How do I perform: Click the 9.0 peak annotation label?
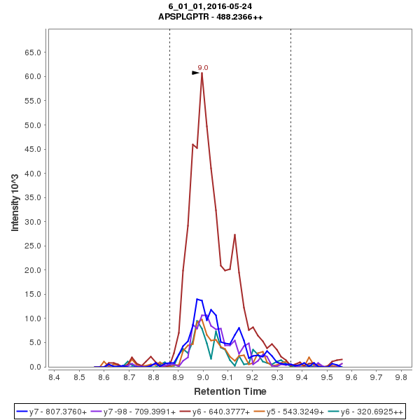click(x=203, y=67)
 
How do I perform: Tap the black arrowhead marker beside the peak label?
click(x=196, y=72)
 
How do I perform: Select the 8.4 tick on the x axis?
click(x=54, y=377)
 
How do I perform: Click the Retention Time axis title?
click(x=230, y=391)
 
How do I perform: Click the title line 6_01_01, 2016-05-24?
click(x=210, y=6)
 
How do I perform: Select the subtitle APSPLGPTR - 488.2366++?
click(x=210, y=16)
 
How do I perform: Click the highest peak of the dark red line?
click(x=202, y=73)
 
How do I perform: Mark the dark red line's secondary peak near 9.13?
click(x=235, y=234)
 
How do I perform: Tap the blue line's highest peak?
click(x=198, y=299)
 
